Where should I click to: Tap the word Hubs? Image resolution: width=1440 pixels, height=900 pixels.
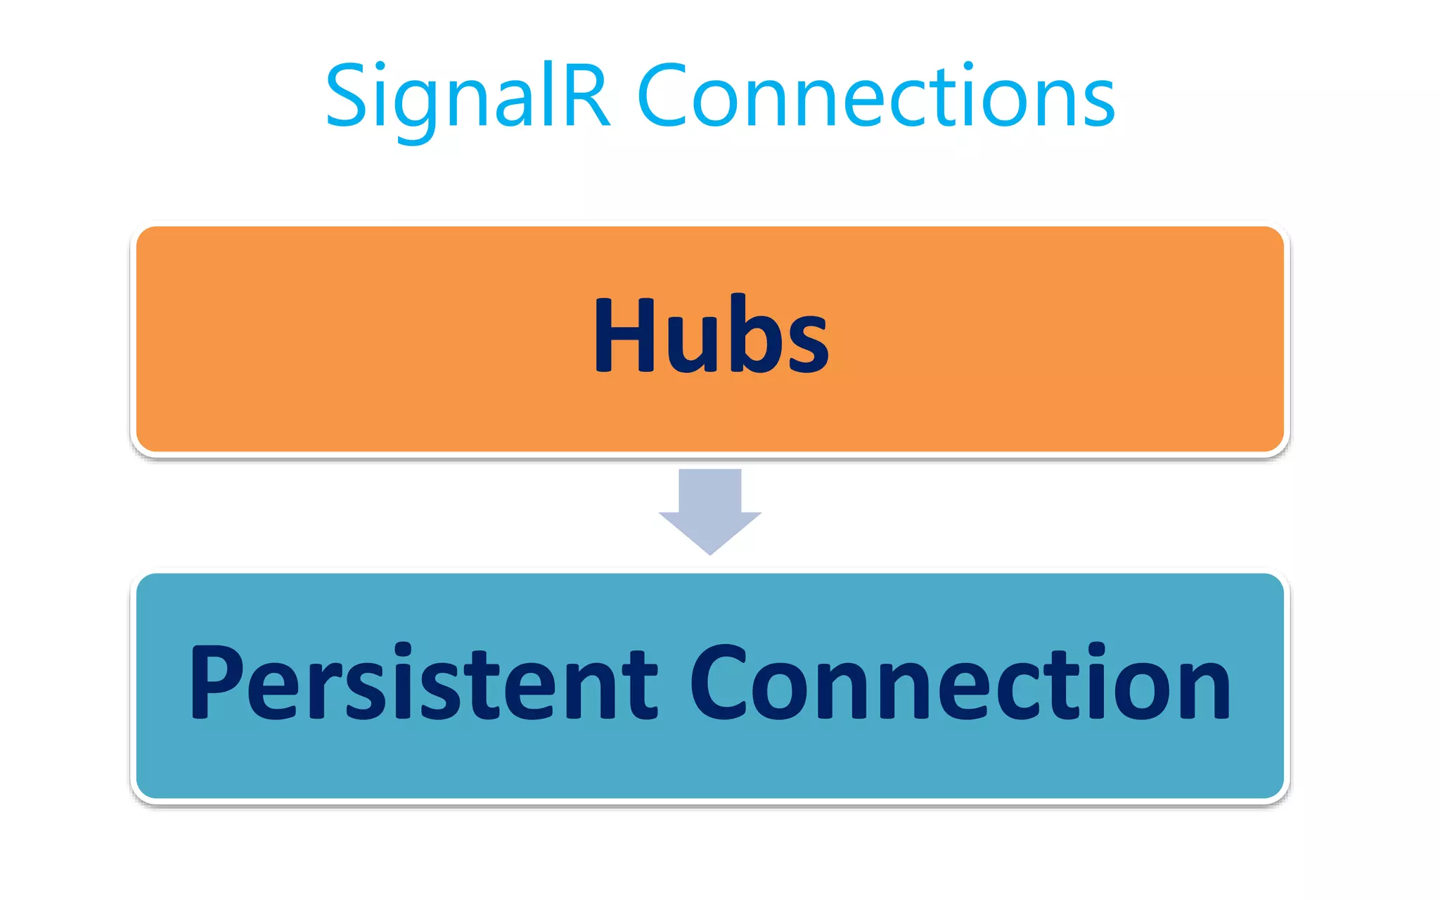tap(711, 334)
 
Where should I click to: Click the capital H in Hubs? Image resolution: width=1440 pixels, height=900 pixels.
tap(626, 334)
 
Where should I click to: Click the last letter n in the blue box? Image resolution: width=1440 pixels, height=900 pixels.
tap(1203, 690)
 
